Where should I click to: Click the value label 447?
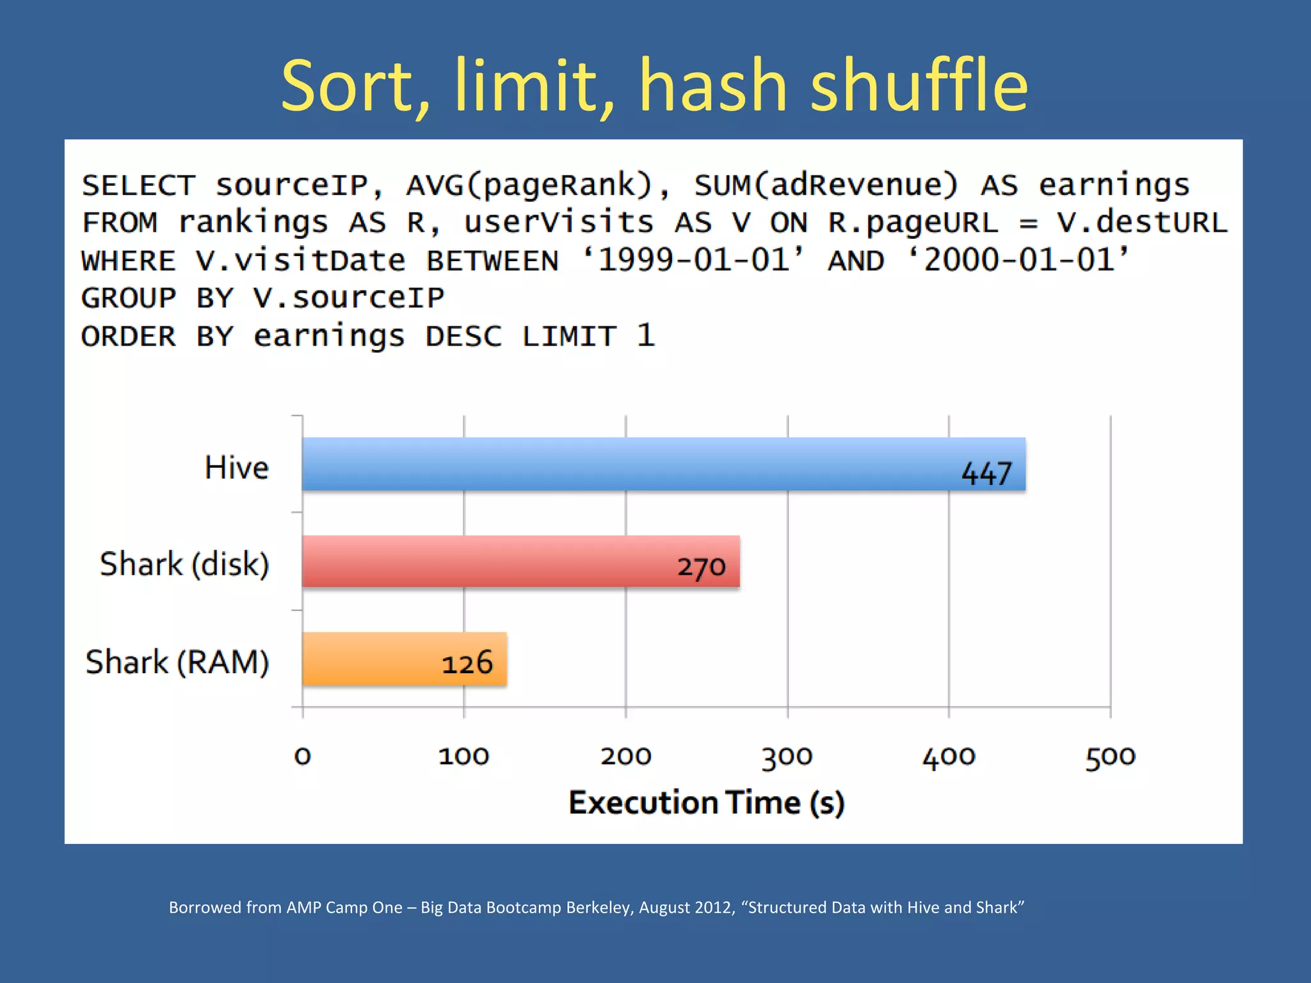click(986, 474)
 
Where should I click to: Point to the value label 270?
click(702, 567)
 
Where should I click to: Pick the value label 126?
click(467, 663)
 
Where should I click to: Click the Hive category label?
click(236, 467)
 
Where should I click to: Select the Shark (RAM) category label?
click(177, 662)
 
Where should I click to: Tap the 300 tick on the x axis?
click(787, 756)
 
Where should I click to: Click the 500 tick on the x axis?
click(1110, 756)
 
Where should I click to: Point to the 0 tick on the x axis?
click(303, 756)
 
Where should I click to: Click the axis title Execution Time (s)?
click(707, 803)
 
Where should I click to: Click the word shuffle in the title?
click(919, 86)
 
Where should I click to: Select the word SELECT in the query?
click(138, 186)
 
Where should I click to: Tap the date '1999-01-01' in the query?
click(693, 260)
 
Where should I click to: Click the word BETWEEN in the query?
click(492, 261)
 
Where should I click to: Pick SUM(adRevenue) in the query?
click(826, 186)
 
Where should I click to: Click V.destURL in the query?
click(1142, 223)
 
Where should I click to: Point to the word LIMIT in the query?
click(569, 337)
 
